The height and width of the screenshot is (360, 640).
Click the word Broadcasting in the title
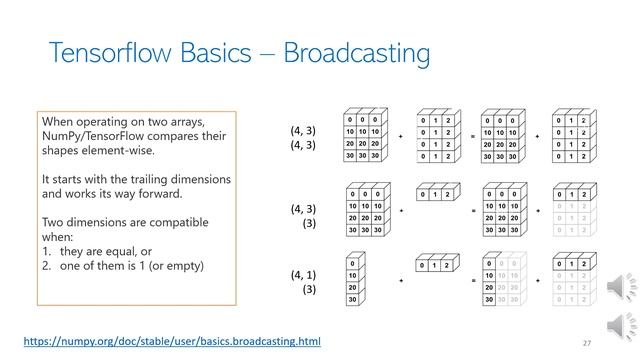[x=358, y=53]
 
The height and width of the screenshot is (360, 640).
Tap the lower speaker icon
[x=616, y=326]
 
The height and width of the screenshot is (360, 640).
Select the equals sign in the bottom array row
[x=473, y=283]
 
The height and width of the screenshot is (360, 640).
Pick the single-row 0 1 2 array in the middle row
[x=435, y=194]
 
